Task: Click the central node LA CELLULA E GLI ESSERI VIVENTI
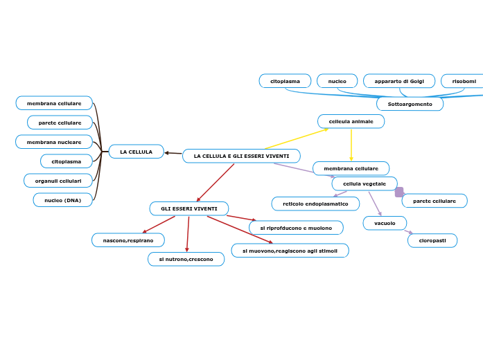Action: [241, 156]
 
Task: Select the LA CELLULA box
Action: [136, 152]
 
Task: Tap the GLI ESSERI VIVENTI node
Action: [188, 208]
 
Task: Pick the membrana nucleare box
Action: [54, 142]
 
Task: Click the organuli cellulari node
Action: [58, 181]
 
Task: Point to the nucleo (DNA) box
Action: [62, 200]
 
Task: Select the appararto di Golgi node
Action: [399, 81]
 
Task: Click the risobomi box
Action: [463, 81]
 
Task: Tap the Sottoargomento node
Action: [410, 104]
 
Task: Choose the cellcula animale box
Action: [351, 121]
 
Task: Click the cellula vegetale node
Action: [364, 183]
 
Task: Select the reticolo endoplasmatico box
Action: [315, 204]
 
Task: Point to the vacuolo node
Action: [385, 223]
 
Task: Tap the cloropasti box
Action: [432, 240]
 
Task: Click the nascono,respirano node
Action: [128, 240]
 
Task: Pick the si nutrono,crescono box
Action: [186, 259]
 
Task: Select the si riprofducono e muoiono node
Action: [296, 228]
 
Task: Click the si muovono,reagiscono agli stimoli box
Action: [290, 251]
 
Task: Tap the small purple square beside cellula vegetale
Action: [399, 192]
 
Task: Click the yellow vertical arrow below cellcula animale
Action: [351, 145]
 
